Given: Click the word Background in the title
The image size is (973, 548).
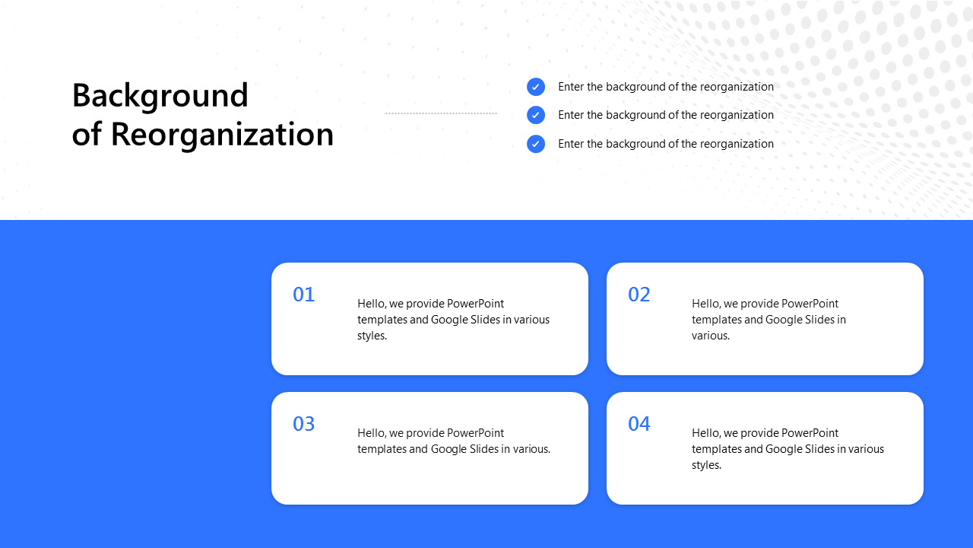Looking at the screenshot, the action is pos(160,97).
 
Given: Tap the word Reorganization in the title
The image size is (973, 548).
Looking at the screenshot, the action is pos(222,135).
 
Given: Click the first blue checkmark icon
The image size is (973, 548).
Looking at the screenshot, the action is pos(536,87).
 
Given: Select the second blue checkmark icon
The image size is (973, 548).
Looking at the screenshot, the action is pos(536,115).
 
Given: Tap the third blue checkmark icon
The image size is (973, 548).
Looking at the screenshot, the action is pos(536,144).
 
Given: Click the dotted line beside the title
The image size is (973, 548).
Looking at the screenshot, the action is pos(440,113).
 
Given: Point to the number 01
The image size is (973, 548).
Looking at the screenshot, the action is pos(303,295).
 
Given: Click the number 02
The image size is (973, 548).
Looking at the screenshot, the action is pos(639,295).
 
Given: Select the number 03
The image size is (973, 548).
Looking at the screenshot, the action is pos(303,424).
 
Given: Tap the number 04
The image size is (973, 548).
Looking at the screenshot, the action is pos(639,424).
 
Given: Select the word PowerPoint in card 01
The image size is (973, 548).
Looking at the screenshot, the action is pos(475,304).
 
